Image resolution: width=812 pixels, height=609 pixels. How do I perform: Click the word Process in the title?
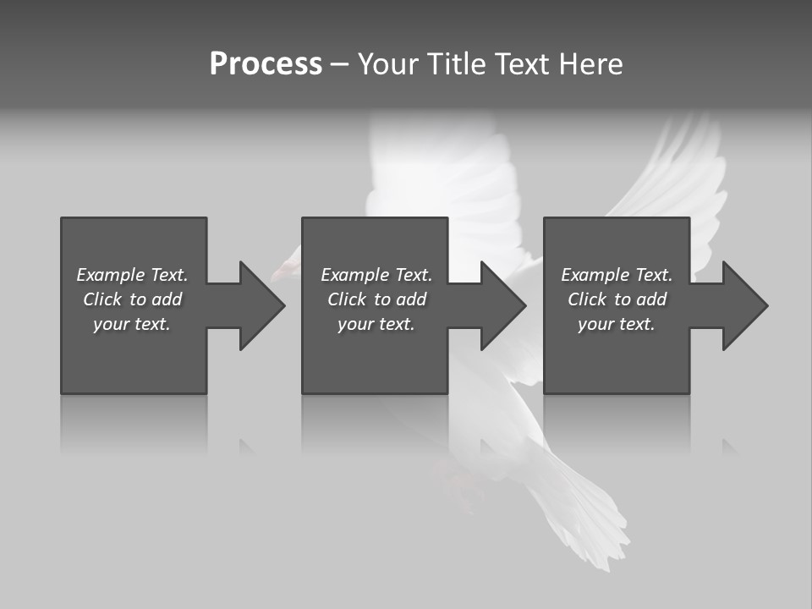(266, 64)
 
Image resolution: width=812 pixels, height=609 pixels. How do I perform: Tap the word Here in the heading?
(591, 64)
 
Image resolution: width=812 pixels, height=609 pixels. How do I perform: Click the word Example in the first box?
(111, 275)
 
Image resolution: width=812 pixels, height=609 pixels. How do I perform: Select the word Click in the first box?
(101, 299)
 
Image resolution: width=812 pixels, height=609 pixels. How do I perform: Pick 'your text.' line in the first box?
(132, 324)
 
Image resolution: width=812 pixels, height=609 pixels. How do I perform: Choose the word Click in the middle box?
(346, 299)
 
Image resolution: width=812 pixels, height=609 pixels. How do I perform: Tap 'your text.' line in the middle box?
(376, 324)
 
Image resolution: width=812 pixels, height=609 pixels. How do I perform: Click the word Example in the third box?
(595, 275)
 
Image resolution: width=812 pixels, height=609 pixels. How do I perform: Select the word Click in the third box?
(586, 299)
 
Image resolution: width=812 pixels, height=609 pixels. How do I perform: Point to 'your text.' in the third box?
(617, 324)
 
